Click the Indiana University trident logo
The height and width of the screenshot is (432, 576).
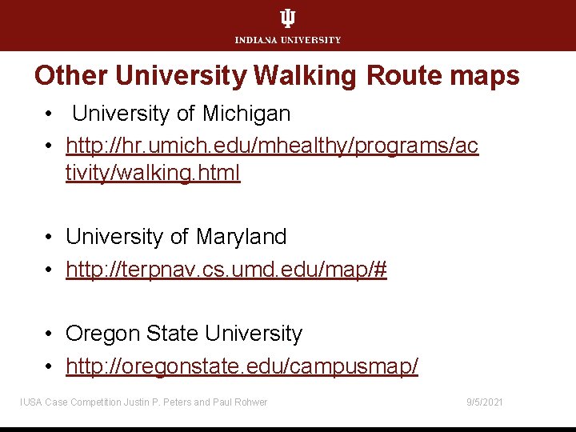click(287, 19)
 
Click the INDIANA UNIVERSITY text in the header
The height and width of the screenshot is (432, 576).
click(287, 40)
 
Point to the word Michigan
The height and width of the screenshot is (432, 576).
click(246, 114)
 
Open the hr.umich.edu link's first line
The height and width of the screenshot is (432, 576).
click(272, 147)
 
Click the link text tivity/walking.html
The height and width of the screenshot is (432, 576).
click(153, 173)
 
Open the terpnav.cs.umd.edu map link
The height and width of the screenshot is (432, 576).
click(226, 270)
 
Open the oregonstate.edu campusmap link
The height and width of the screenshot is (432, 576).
click(242, 367)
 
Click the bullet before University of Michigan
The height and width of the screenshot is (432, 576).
click(50, 114)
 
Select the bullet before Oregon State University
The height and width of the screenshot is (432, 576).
click(50, 334)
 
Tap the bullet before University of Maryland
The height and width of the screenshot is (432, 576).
click(50, 238)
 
